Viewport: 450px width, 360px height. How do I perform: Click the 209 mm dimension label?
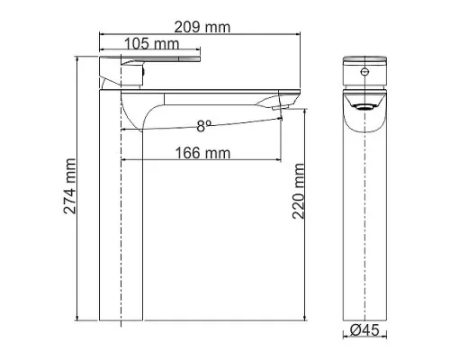coord(202,27)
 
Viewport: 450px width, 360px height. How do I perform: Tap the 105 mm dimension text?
coord(151,44)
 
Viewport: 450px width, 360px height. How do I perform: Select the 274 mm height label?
coord(70,186)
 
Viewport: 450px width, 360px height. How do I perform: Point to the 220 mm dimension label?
coord(298,191)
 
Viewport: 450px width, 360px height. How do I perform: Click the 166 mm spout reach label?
coord(202,153)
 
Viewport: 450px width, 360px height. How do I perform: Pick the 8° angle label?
coord(204,126)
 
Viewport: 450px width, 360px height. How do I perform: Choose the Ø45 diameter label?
coord(364,330)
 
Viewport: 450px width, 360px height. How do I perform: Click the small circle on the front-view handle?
coord(364,71)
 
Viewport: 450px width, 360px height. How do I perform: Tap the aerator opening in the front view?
coord(364,107)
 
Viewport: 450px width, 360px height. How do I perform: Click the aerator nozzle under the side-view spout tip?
coord(281,108)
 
